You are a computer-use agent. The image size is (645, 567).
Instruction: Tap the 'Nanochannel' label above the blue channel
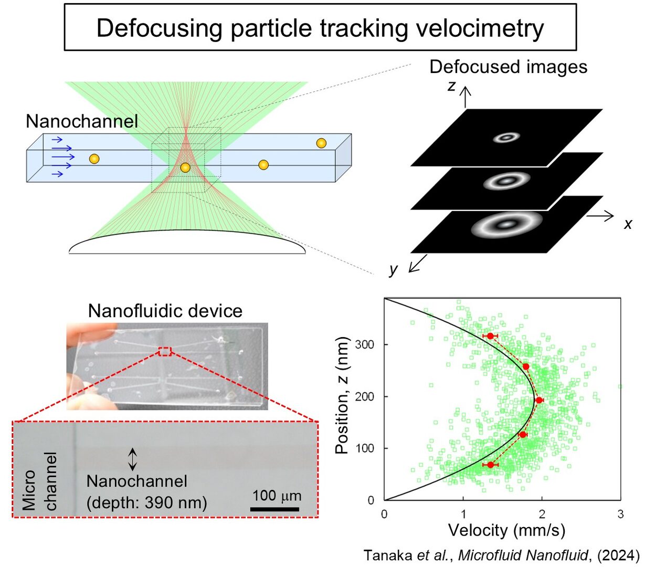[82, 121]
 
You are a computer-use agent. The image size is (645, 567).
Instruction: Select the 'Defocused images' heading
[508, 67]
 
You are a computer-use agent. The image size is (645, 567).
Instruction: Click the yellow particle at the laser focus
[185, 167]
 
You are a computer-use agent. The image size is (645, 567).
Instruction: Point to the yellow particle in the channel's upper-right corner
[321, 143]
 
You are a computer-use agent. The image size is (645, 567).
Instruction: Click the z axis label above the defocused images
[451, 86]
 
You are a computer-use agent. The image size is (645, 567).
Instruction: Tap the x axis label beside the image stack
[628, 224]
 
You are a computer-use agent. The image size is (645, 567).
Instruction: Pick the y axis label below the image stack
[394, 269]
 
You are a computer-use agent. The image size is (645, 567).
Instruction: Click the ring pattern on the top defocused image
[506, 138]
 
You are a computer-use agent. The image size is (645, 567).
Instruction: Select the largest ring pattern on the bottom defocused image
[506, 224]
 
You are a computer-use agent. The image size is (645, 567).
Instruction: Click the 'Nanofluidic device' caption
[165, 311]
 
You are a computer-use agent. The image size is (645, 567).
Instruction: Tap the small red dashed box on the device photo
[165, 351]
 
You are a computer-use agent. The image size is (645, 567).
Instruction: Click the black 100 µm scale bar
[274, 509]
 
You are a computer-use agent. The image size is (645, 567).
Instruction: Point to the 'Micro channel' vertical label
[39, 481]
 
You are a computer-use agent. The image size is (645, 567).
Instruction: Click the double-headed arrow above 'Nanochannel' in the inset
[133, 459]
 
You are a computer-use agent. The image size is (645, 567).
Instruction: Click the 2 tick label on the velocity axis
[542, 514]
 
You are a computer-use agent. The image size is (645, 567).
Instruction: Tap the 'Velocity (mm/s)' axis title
[506, 530]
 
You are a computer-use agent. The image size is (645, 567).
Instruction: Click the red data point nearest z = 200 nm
[539, 400]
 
